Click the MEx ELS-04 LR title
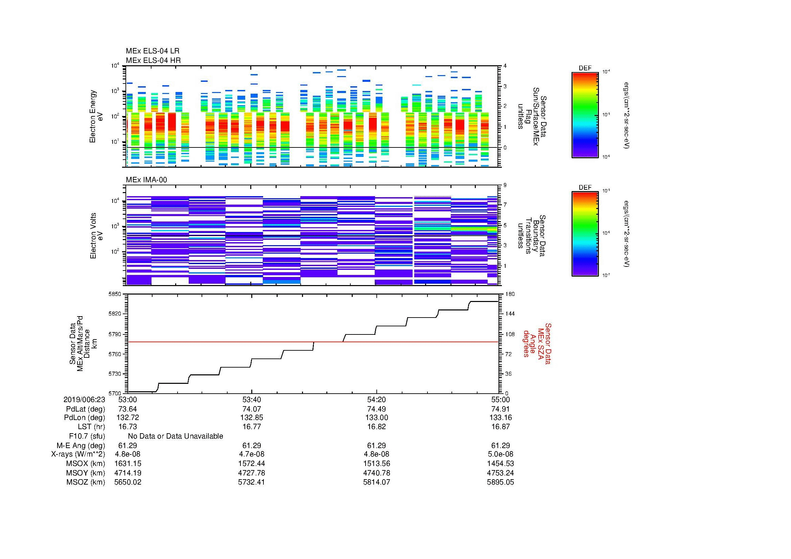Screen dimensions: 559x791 (153, 51)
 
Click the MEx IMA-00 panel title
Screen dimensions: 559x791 (146, 180)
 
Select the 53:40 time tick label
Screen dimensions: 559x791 (252, 399)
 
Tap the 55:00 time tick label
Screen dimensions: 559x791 (500, 399)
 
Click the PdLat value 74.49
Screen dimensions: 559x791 (376, 409)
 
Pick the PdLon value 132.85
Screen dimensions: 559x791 (252, 418)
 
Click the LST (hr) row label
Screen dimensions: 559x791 (91, 427)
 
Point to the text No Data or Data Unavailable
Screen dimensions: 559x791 (176, 436)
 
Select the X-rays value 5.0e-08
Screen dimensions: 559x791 (500, 454)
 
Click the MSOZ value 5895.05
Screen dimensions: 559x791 (500, 482)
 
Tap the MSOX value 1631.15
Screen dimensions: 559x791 (127, 464)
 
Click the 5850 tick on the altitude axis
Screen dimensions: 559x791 (115, 294)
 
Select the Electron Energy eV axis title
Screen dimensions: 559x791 (96, 116)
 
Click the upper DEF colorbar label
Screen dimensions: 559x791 (585, 68)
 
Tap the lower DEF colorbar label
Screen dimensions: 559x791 (585, 187)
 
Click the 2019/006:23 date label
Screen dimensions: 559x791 (84, 399)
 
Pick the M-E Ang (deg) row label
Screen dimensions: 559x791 (81, 445)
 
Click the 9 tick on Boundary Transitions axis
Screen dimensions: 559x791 (505, 185)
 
